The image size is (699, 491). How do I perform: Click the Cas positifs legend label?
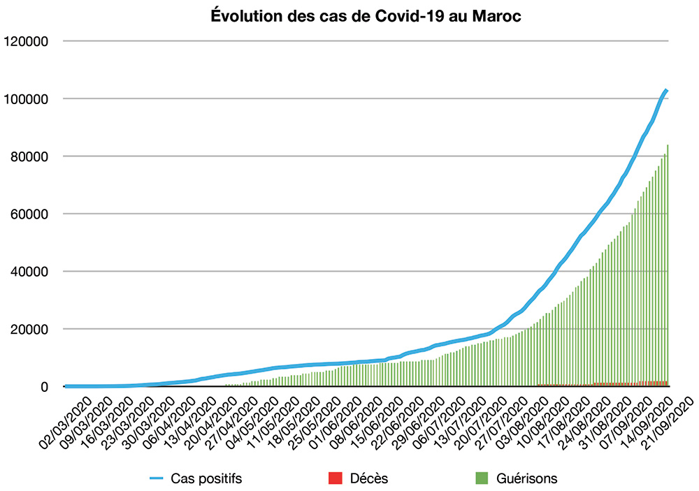click(x=207, y=478)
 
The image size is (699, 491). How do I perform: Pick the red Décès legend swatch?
click(x=335, y=478)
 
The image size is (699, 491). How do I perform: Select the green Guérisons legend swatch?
click(x=481, y=478)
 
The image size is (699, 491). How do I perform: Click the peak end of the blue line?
click(x=667, y=90)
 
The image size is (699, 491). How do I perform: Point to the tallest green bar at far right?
click(x=668, y=265)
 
